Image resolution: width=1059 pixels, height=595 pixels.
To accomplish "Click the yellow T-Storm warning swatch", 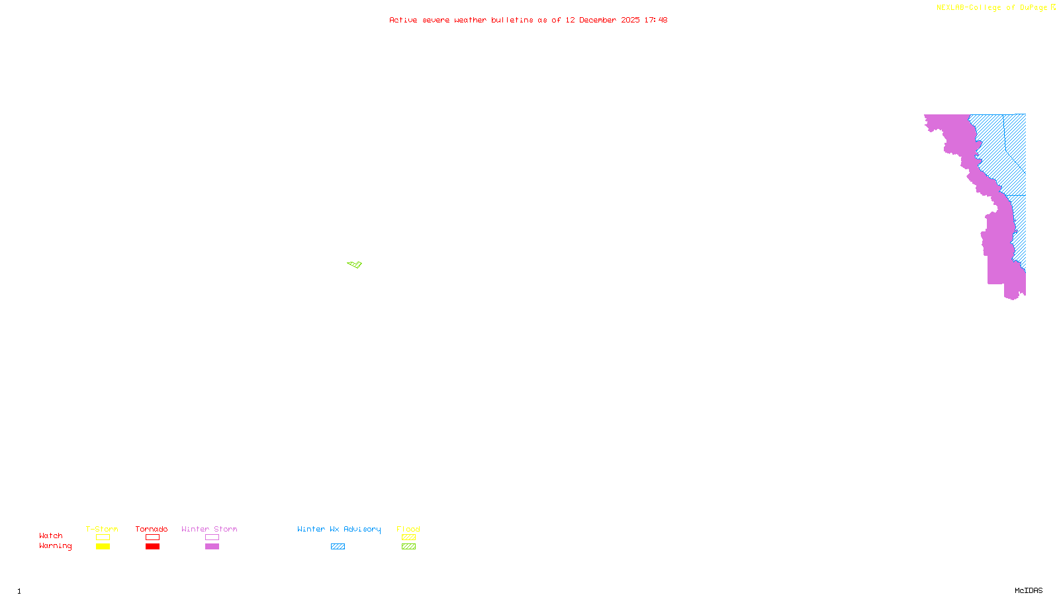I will (x=103, y=547).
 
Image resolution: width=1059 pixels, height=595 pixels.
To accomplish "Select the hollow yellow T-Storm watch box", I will (x=103, y=537).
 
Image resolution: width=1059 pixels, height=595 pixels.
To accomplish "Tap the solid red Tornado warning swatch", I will (x=152, y=547).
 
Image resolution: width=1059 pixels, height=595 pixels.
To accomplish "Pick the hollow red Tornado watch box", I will (x=152, y=537).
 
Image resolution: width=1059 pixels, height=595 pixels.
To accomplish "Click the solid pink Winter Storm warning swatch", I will (x=212, y=547).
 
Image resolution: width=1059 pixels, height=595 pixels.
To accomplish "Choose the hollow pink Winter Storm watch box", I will (x=212, y=537).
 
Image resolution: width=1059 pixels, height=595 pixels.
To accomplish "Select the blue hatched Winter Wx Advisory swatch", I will (x=338, y=547).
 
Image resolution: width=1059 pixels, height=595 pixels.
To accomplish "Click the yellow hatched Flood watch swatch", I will (x=408, y=537).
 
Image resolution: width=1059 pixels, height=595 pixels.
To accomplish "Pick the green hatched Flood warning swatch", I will (x=408, y=547).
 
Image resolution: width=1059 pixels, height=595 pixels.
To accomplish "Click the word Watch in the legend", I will (x=51, y=535).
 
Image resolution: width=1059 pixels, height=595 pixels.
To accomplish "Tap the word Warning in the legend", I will (x=55, y=546).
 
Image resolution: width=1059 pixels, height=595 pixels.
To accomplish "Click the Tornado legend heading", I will (x=152, y=529).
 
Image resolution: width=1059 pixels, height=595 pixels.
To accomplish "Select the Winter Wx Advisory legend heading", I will (x=339, y=529).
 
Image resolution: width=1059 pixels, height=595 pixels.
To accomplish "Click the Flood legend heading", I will (x=408, y=529).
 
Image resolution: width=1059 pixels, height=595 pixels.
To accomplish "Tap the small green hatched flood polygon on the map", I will (x=355, y=264).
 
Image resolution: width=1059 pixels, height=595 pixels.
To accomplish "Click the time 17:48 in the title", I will (x=655, y=20).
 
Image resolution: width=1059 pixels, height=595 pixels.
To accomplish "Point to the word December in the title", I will (x=598, y=20).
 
